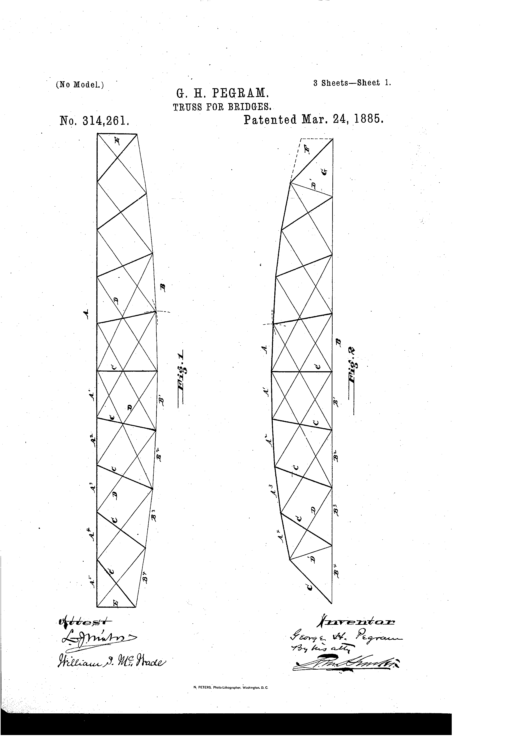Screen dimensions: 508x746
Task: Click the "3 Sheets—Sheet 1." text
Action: point(352,83)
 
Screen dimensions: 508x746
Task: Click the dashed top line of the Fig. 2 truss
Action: point(317,139)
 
